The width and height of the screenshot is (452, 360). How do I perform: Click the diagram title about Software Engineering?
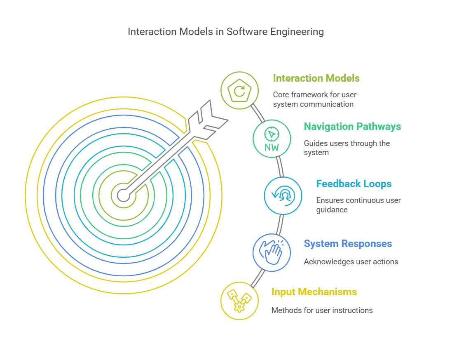pos(225,32)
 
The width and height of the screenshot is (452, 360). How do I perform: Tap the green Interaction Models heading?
pos(316,78)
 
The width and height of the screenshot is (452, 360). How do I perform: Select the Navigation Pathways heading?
pos(352,127)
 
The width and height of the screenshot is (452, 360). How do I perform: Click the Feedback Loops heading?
pos(354,184)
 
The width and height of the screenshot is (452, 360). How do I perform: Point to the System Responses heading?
pos(348,244)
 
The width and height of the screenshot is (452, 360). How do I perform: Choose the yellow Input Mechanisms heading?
pos(314,292)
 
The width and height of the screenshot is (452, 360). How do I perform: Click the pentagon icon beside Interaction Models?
pos(239,90)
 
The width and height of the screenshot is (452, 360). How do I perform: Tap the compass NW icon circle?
pos(272,139)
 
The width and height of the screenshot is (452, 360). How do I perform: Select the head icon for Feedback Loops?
pos(283,196)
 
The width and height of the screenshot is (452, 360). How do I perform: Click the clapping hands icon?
pos(272,252)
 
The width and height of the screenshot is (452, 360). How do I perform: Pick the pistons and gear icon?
pos(239,301)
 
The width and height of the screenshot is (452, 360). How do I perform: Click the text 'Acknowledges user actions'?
pos(351,262)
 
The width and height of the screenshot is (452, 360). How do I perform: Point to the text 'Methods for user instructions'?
pos(322,310)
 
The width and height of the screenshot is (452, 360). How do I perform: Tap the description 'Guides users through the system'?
pos(347,148)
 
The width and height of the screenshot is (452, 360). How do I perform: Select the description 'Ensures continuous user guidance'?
pos(358,205)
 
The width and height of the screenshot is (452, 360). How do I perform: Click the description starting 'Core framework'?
pos(316,100)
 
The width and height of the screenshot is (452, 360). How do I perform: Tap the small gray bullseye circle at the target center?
pos(124,195)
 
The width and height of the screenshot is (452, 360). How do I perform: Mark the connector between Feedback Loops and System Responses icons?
pos(280,224)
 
